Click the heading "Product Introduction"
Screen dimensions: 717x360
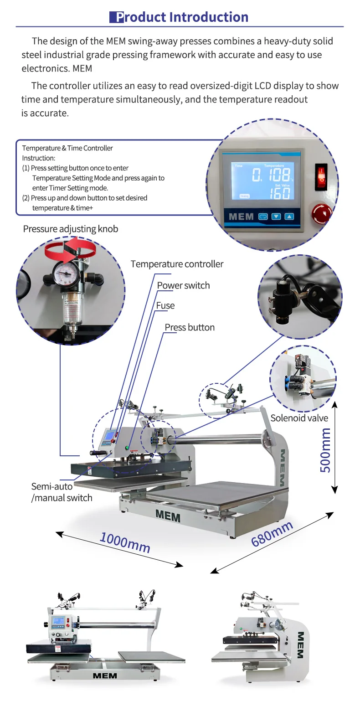point(179,17)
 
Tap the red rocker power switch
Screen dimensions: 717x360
point(321,176)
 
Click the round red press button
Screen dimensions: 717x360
point(322,214)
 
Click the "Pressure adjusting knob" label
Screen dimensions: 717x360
point(71,229)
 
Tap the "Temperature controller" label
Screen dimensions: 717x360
point(177,264)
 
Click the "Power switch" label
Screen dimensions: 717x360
point(183,286)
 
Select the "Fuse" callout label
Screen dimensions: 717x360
point(165,306)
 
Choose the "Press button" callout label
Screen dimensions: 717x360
point(190,328)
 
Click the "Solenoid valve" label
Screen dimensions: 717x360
point(299,418)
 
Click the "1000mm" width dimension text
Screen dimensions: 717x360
point(125,542)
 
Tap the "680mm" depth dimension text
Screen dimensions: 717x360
point(272,534)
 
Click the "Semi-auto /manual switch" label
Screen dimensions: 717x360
point(62,492)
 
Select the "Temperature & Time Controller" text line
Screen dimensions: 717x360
point(67,148)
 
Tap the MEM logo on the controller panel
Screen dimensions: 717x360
point(241,217)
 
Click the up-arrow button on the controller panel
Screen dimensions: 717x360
point(289,217)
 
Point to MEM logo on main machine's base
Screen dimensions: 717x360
point(168,516)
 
